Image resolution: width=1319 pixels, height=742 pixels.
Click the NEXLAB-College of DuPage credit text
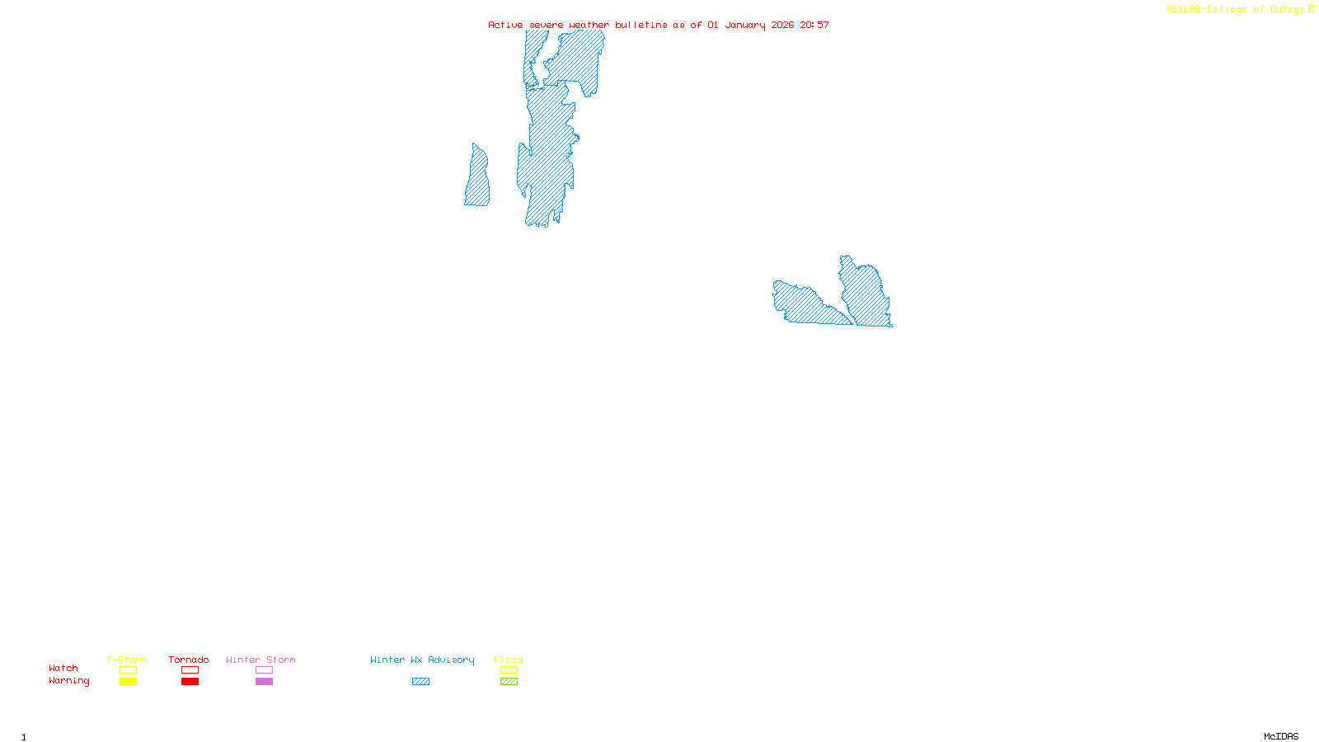pos(1240,10)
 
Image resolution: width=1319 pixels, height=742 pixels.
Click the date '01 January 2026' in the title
pos(750,25)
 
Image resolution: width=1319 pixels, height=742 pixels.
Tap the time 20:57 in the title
pos(814,25)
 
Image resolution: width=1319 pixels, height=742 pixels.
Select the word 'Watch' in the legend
pos(63,668)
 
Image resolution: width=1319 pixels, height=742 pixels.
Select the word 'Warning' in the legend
pos(69,681)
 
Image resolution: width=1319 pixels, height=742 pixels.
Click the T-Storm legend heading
pos(127,660)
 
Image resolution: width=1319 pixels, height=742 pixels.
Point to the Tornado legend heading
pos(189,660)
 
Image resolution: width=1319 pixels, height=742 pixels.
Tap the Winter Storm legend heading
pos(261,660)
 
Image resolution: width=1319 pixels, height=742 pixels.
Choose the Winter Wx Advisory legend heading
pos(422,660)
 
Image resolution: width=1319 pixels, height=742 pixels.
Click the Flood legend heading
pos(509,660)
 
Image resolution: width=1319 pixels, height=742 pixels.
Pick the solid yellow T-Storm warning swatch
pos(128,682)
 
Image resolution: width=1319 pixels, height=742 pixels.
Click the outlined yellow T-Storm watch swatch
pos(128,670)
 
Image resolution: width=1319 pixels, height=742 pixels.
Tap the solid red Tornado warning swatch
pos(190,682)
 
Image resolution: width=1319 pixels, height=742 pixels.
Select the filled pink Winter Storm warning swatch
pos(264,682)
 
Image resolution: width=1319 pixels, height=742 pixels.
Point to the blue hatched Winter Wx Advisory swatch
pos(420,682)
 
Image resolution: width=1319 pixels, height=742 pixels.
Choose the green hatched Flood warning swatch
pos(509,682)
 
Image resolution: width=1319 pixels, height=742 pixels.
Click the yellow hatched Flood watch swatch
pos(509,670)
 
